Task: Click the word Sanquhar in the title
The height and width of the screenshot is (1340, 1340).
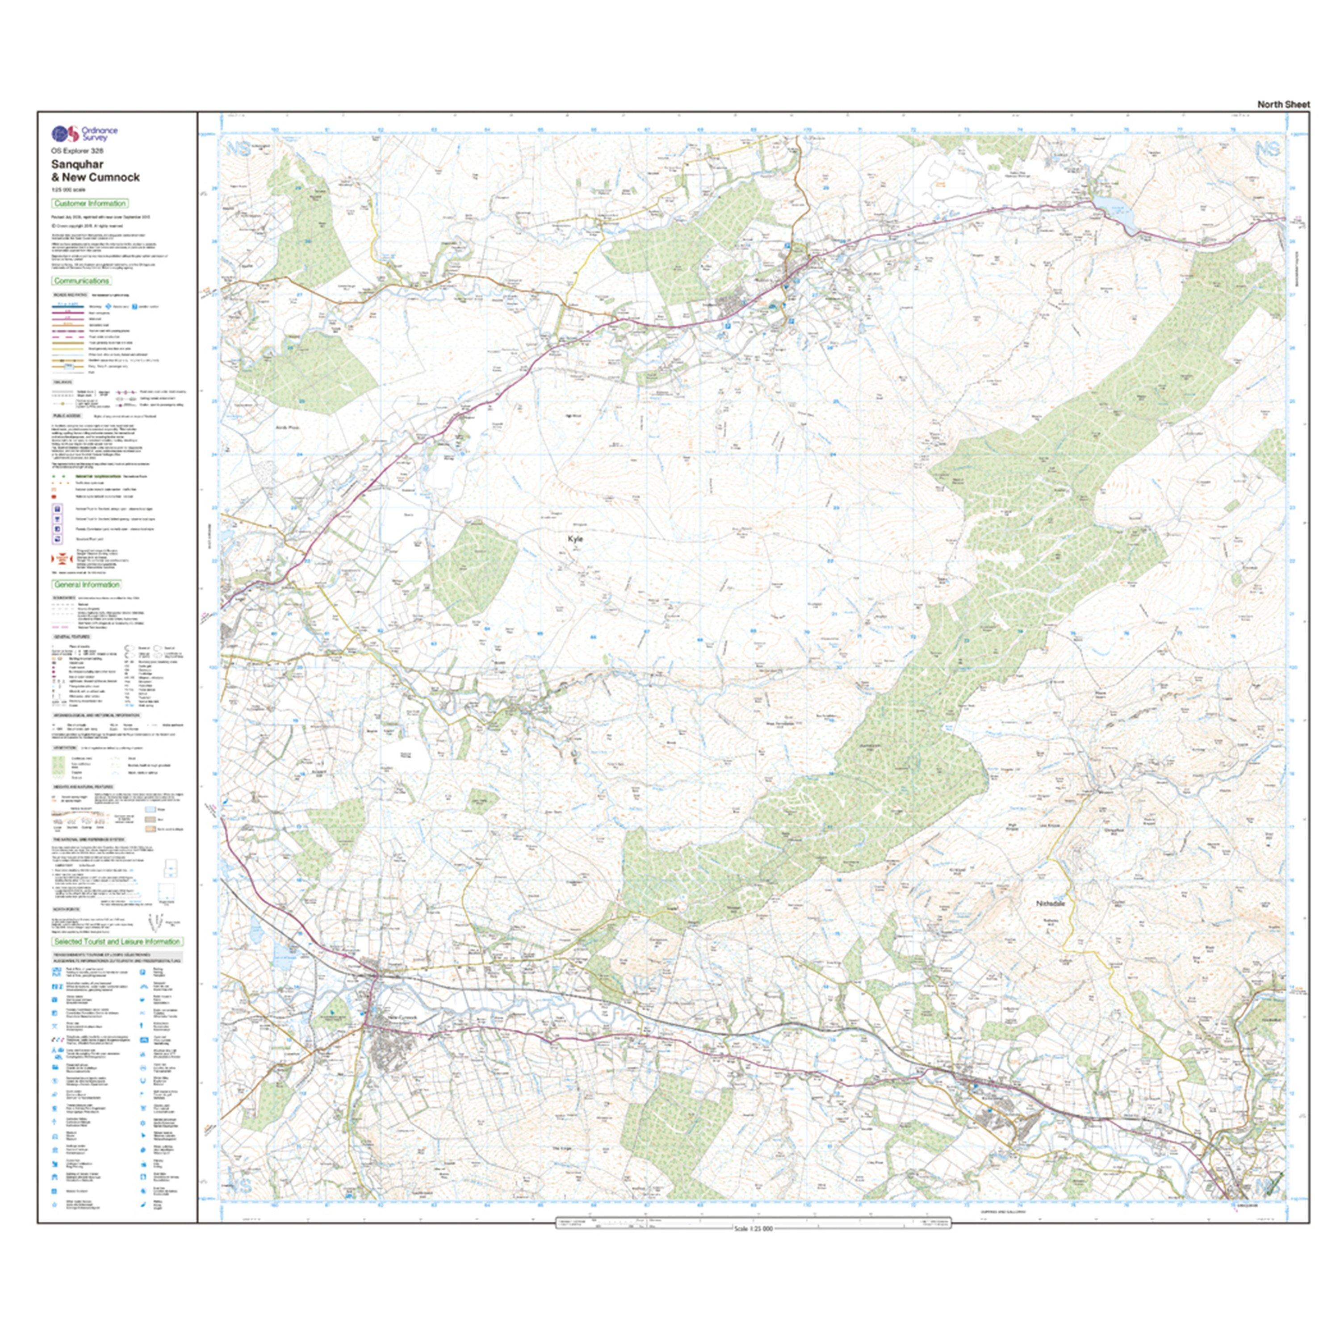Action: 77,164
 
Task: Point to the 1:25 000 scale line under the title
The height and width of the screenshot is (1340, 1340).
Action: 68,189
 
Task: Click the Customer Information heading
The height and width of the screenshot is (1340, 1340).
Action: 89,203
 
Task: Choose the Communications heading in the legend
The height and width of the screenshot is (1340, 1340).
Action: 81,281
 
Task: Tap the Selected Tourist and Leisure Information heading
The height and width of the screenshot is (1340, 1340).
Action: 117,942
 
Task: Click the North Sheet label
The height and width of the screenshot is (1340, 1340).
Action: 1283,105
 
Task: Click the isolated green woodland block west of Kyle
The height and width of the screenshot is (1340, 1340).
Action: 474,572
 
